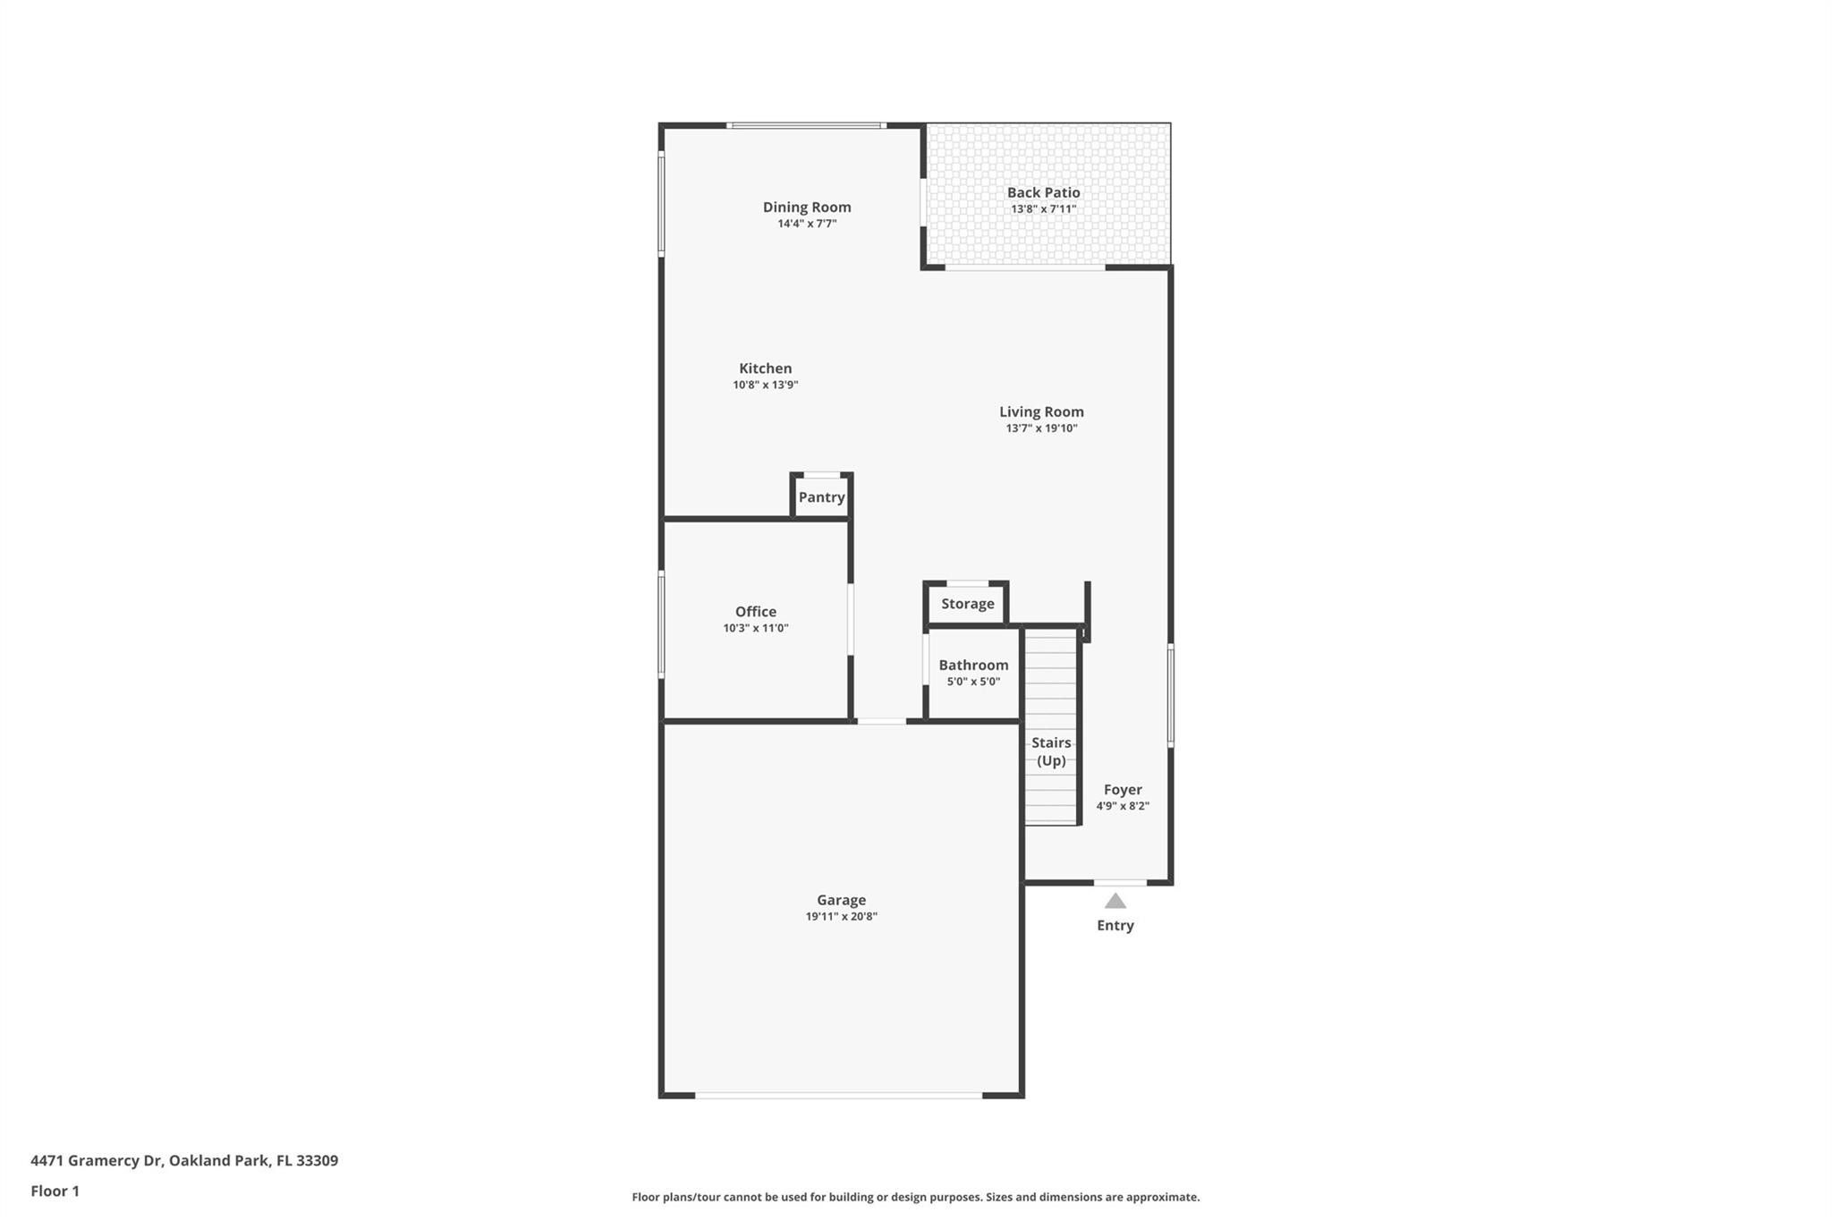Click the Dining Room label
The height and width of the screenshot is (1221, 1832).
click(806, 207)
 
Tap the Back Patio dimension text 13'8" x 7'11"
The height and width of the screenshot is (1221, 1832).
click(1043, 209)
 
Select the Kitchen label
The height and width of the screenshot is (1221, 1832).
click(765, 368)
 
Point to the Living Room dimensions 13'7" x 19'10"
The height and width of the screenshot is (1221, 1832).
click(1041, 428)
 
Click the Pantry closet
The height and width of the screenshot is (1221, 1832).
click(821, 497)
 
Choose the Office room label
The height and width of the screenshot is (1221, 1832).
click(755, 611)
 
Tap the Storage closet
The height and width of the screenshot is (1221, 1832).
click(967, 604)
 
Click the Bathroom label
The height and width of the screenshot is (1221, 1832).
click(973, 665)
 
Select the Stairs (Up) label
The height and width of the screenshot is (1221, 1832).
click(1051, 751)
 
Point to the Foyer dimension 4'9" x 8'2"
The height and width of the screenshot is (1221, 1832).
click(1123, 806)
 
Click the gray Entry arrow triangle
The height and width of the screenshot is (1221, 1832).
click(1115, 901)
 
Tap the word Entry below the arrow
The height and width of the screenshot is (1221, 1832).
click(1115, 926)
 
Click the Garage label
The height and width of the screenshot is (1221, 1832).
click(841, 900)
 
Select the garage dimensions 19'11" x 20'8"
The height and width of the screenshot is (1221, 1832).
click(841, 917)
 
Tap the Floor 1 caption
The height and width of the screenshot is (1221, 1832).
click(55, 1191)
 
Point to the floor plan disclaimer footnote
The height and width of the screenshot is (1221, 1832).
click(915, 1197)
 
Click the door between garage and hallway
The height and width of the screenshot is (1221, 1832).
click(881, 721)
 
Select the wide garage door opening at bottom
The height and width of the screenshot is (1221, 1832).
click(838, 1095)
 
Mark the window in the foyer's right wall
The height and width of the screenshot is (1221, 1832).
click(1170, 695)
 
